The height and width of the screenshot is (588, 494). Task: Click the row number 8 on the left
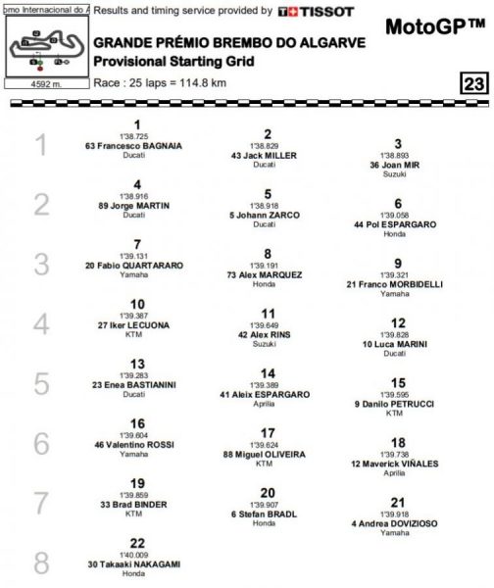point(40,564)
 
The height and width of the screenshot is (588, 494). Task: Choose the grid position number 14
point(268,373)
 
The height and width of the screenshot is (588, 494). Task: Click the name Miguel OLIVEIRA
point(267,454)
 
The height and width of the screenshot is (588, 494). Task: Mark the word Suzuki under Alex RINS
point(267,342)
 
